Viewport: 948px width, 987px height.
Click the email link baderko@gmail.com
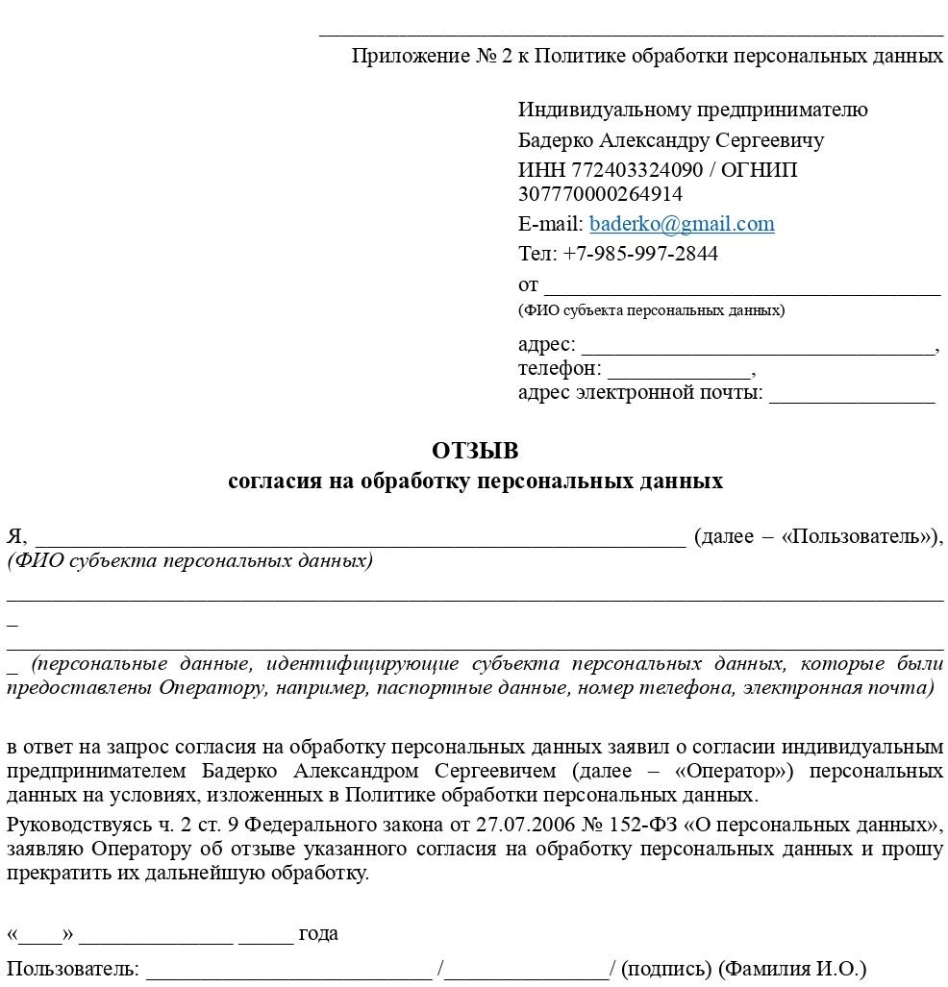pyautogui.click(x=682, y=224)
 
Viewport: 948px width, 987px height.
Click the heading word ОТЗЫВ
pyautogui.click(x=475, y=451)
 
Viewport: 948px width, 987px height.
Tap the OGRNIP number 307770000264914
pyautogui.click(x=600, y=193)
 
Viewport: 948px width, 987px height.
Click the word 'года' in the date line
pyautogui.click(x=318, y=933)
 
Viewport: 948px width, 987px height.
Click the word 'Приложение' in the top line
pyautogui.click(x=411, y=56)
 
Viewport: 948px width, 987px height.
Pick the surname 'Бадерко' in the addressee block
pyautogui.click(x=556, y=140)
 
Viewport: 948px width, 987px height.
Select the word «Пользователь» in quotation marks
pyautogui.click(x=858, y=536)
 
